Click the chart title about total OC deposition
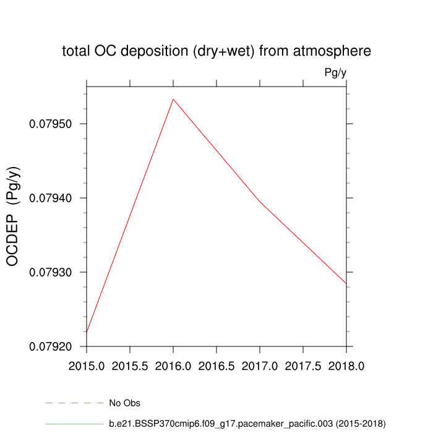(x=216, y=51)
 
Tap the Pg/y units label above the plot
(x=335, y=73)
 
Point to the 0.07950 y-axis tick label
(x=51, y=124)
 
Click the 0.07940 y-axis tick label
(x=51, y=198)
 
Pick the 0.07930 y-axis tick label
(x=51, y=272)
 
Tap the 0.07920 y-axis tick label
(x=51, y=346)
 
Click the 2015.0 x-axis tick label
(x=87, y=366)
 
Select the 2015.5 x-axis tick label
(x=130, y=366)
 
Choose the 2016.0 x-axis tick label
(x=173, y=366)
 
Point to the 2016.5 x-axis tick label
(x=216, y=366)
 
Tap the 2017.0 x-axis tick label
(x=260, y=366)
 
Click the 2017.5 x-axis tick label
(x=303, y=366)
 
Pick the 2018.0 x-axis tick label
(x=346, y=366)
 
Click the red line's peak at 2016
(x=173, y=99)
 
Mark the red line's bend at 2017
(x=260, y=202)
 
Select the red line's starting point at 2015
(x=87, y=332)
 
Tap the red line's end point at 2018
(x=346, y=283)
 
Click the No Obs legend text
(x=124, y=403)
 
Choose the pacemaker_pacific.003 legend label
(x=247, y=423)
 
